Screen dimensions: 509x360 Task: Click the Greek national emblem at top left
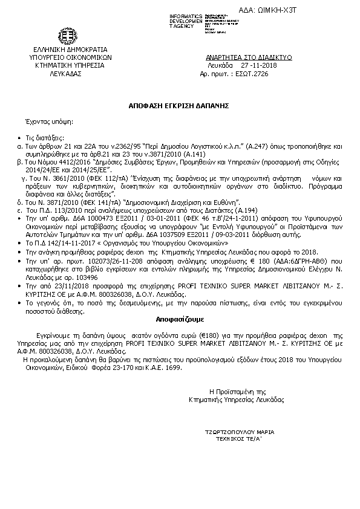[67, 36]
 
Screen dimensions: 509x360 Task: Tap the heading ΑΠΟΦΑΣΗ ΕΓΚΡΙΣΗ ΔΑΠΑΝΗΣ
[180, 105]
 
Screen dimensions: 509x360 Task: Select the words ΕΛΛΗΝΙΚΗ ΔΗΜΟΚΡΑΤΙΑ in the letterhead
[67, 50]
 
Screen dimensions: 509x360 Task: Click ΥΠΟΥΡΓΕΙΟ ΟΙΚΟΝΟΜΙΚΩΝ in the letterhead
[67, 57]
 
